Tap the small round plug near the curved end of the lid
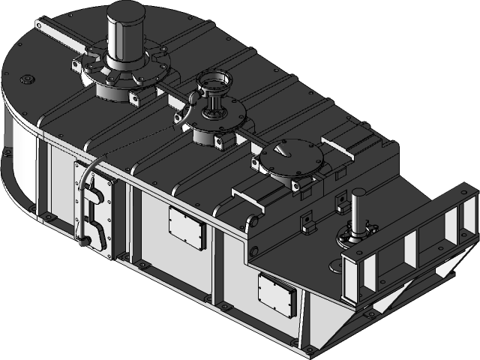(x=28, y=77)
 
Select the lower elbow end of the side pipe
(x=85, y=239)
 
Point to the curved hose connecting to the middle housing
(x=183, y=112)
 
